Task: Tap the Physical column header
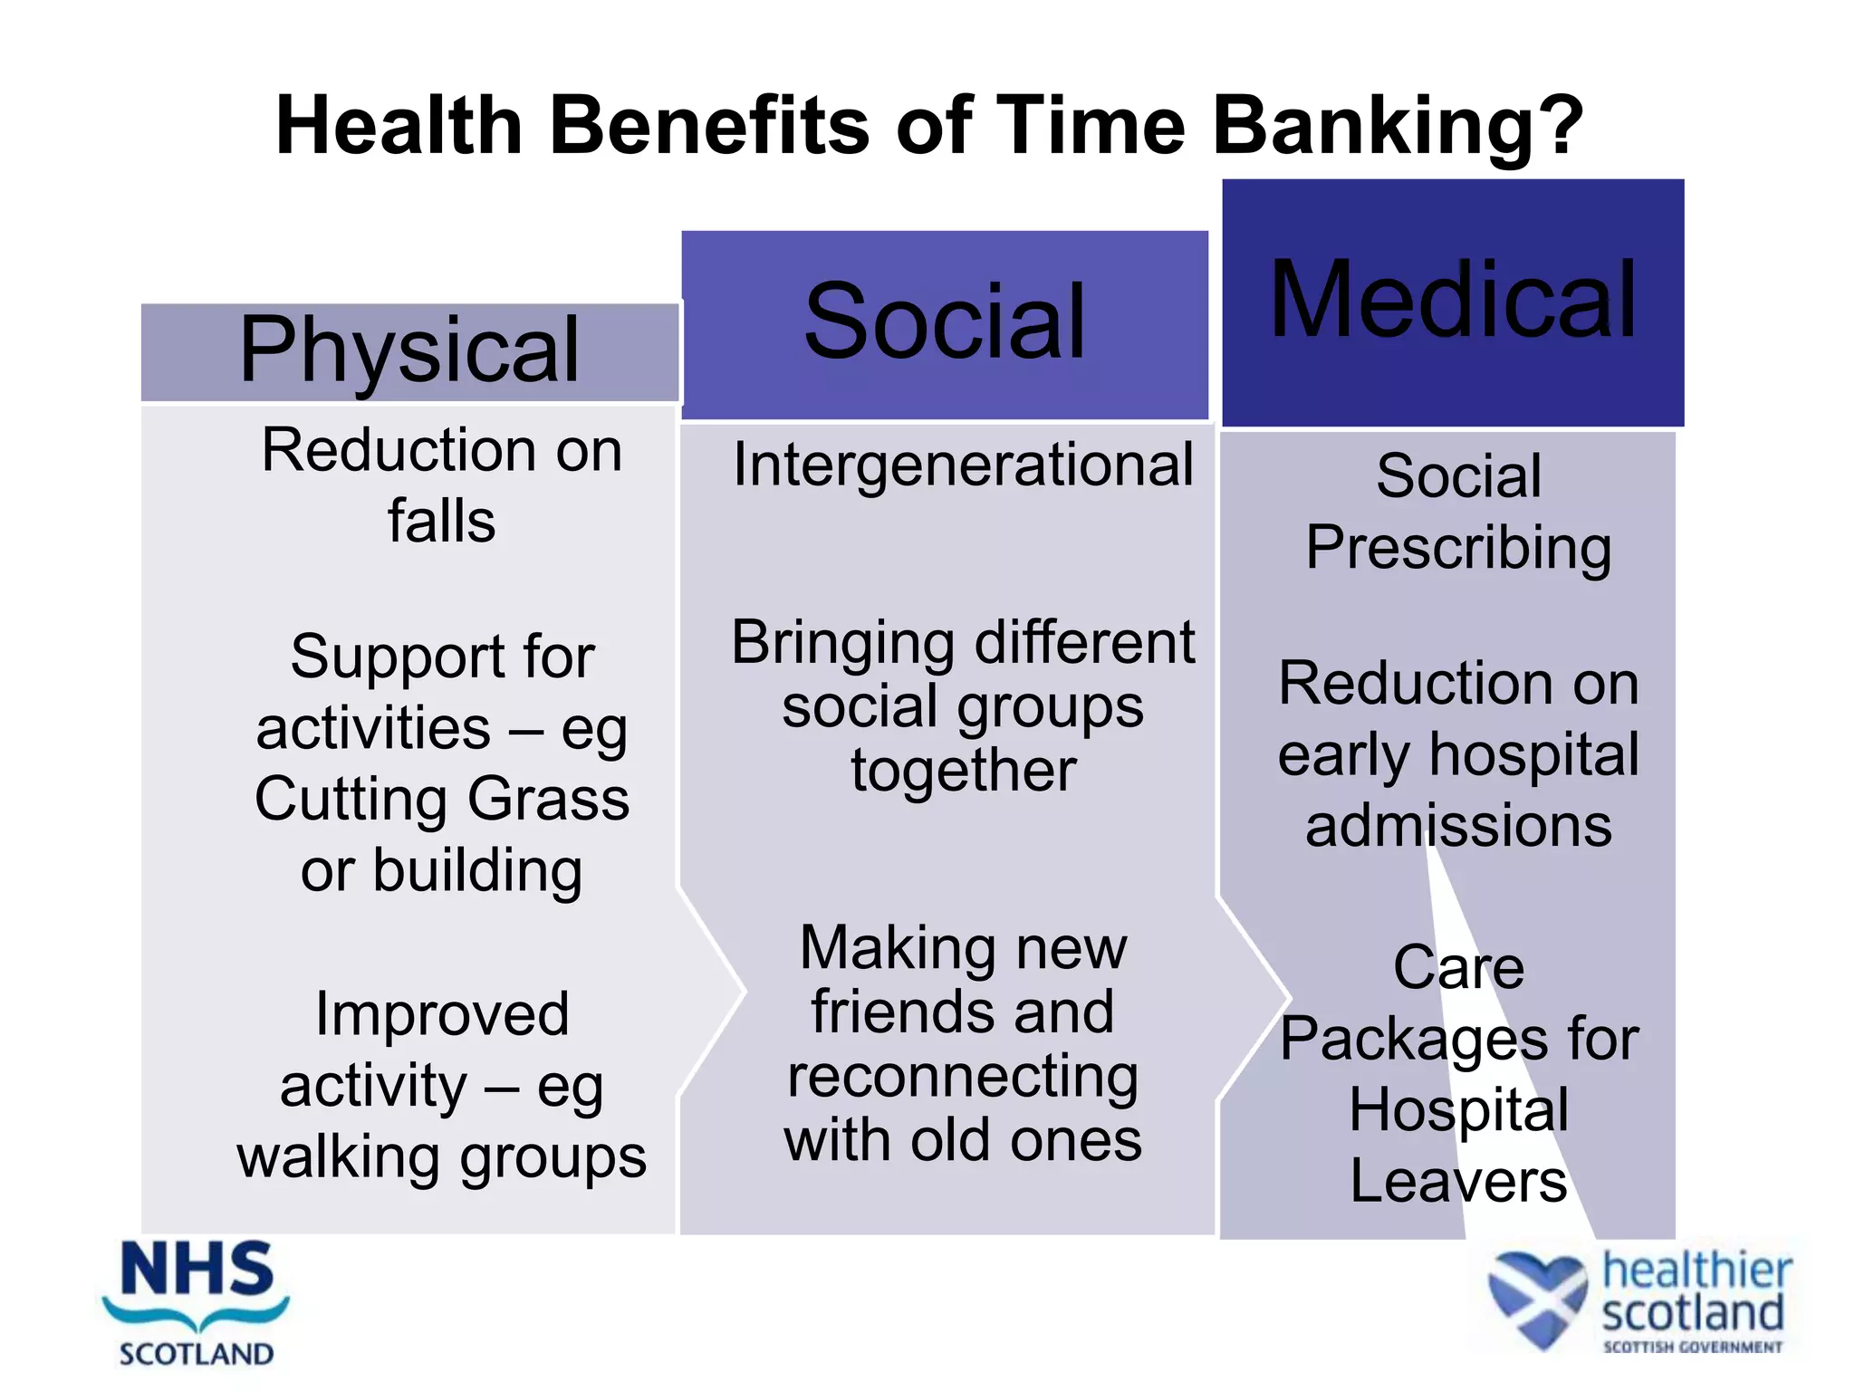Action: coord(409,351)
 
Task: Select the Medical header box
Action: coord(1453,302)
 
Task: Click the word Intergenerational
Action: coord(963,465)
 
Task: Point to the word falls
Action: coord(441,522)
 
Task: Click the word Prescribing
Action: coord(1458,549)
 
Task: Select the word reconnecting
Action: coord(963,1078)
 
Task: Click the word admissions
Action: coord(1458,826)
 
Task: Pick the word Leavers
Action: coord(1458,1181)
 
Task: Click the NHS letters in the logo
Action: coord(197,1270)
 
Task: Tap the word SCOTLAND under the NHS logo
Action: coord(197,1355)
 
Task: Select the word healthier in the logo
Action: coord(1696,1271)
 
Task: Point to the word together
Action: coord(963,772)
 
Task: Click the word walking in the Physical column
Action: coord(341,1157)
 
